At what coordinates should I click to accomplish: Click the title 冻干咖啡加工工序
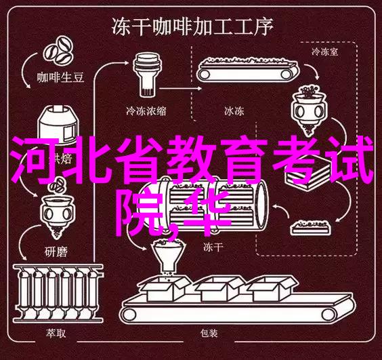pyautogui.click(x=192, y=26)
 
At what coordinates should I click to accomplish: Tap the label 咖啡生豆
pyautogui.click(x=61, y=77)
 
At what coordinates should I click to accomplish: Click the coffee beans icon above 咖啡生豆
pyautogui.click(x=58, y=51)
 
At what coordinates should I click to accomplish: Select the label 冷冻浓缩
pyautogui.click(x=146, y=111)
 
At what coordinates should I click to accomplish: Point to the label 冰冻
pyautogui.click(x=234, y=111)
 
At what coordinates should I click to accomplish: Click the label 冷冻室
pyautogui.click(x=324, y=52)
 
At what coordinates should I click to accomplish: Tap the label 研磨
pyautogui.click(x=56, y=252)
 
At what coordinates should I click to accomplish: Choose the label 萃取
pyautogui.click(x=56, y=333)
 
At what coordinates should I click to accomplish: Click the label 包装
pyautogui.click(x=209, y=333)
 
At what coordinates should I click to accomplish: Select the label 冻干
pyautogui.click(x=213, y=247)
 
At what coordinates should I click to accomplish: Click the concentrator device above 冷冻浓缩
pyautogui.click(x=147, y=74)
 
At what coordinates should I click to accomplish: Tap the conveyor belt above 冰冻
pyautogui.click(x=247, y=69)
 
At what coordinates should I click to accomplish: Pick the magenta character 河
pyautogui.click(x=35, y=159)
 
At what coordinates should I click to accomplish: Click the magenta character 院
pyautogui.click(x=142, y=213)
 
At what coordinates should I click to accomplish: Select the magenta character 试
pyautogui.click(x=352, y=159)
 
